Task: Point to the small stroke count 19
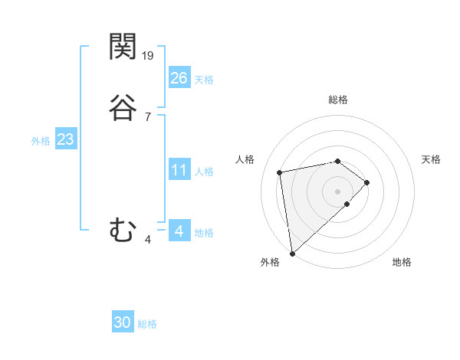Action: tap(148, 55)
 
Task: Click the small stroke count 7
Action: tap(148, 117)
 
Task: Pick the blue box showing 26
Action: tap(179, 77)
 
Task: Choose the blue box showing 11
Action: tap(179, 170)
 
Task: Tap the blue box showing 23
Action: tap(65, 140)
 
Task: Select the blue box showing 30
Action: tap(123, 323)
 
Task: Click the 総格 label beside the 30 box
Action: tap(147, 324)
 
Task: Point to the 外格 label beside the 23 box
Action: tap(41, 141)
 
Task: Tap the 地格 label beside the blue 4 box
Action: tap(204, 233)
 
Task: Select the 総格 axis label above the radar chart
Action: tap(338, 100)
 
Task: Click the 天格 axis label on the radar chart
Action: tap(431, 159)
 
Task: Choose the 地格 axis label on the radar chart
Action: tap(402, 262)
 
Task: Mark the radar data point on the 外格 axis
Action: tap(292, 253)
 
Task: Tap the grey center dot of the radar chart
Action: tap(338, 191)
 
